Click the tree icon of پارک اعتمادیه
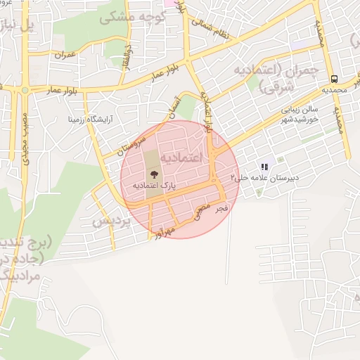153,172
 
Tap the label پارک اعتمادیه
153,185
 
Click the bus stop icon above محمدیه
334,79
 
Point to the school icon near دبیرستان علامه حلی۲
264,167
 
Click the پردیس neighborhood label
112,221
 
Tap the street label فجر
221,209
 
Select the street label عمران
64,54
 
